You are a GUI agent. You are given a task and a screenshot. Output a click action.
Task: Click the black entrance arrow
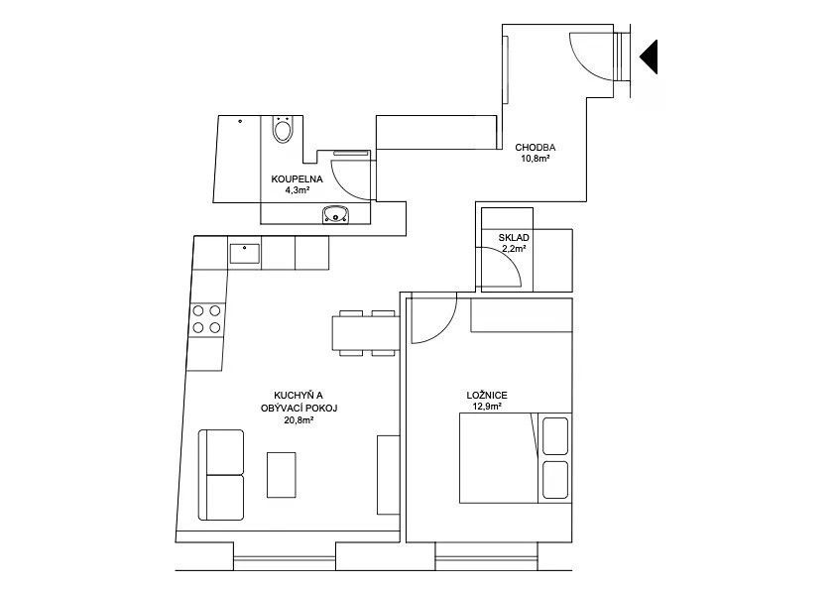651,57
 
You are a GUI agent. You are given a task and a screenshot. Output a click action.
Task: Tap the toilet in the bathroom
282,129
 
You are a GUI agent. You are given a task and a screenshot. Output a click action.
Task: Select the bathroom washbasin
335,215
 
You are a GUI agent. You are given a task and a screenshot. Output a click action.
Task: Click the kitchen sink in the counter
244,254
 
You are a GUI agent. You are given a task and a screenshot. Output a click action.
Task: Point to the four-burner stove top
206,319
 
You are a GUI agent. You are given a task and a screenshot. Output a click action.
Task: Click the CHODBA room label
536,148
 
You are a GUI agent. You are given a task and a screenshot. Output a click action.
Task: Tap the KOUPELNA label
297,179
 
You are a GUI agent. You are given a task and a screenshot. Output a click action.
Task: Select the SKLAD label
514,238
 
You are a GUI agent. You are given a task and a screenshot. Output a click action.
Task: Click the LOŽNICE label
487,396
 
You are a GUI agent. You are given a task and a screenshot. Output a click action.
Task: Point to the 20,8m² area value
298,420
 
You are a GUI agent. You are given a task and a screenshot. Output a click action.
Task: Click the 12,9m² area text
487,407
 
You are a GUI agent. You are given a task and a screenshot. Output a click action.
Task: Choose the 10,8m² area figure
536,159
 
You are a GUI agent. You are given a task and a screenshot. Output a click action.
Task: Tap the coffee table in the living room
282,475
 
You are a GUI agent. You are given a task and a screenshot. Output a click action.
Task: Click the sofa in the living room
221,475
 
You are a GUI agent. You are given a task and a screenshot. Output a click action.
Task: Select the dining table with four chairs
366,333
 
